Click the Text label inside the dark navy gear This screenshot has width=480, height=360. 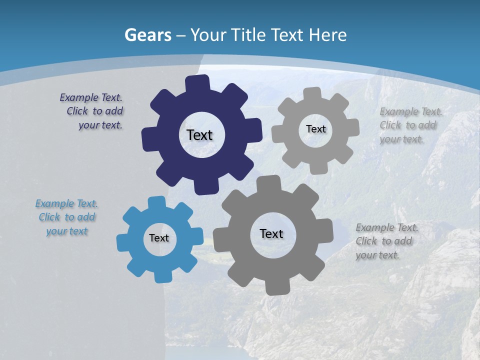199,135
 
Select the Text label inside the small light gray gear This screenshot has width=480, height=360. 315,129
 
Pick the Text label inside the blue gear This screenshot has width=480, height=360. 158,238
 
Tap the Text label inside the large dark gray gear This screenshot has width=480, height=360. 271,233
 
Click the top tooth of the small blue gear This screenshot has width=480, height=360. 156,202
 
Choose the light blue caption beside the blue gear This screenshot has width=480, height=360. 67,217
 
